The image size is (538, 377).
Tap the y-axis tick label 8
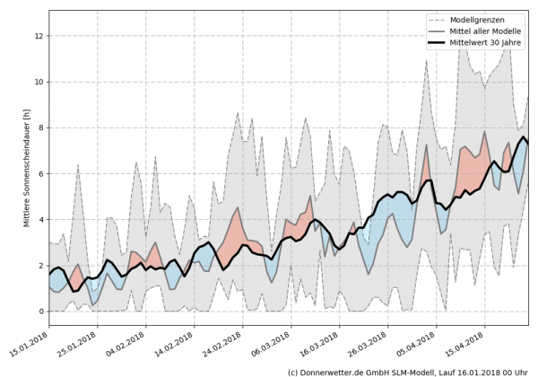[x=39, y=127]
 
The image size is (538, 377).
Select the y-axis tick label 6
[x=39, y=173]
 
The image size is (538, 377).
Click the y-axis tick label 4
[x=39, y=219]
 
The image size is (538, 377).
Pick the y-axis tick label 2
[x=39, y=266]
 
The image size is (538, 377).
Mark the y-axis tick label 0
[x=39, y=311]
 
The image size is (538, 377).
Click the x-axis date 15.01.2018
[x=32, y=344]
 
